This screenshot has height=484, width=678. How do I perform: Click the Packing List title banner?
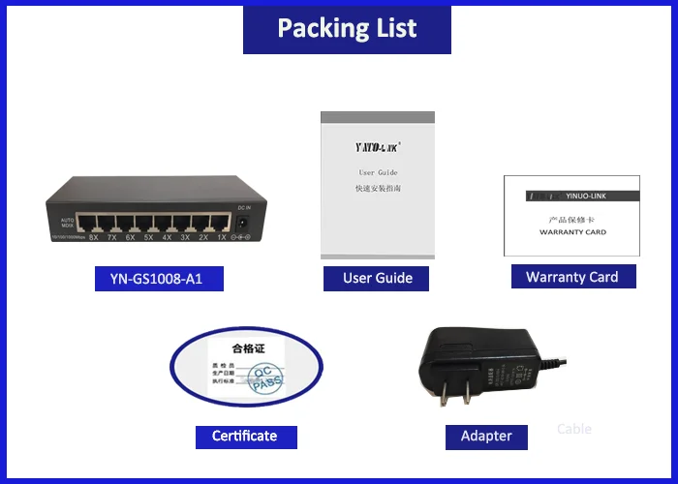[x=347, y=29]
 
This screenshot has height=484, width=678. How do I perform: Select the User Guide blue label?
[x=377, y=278]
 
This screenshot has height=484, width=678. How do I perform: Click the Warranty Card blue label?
[x=571, y=277]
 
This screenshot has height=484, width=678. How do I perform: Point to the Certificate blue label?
[x=244, y=437]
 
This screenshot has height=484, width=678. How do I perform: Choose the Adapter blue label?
[x=485, y=437]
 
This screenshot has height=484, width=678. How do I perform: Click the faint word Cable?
[x=574, y=429]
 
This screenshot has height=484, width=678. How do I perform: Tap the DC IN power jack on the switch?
[x=245, y=222]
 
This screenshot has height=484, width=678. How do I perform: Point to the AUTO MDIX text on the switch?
[x=68, y=224]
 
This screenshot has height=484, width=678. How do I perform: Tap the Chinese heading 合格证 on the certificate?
[x=248, y=348]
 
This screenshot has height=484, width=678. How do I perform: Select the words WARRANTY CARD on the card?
[x=571, y=232]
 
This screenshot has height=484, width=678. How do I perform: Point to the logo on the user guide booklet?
[x=378, y=148]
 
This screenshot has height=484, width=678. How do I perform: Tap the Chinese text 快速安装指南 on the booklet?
[x=378, y=189]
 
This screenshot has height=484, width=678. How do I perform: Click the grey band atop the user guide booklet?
[x=378, y=119]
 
